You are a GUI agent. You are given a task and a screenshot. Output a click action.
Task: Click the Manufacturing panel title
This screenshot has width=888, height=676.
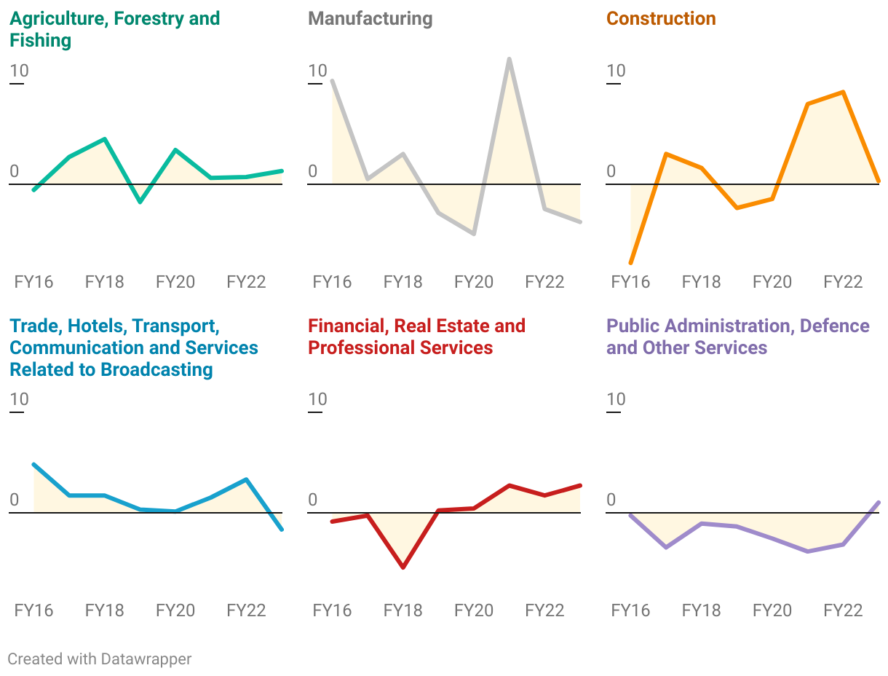[370, 19]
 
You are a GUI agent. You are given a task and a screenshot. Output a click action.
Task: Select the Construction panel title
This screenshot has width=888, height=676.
[661, 19]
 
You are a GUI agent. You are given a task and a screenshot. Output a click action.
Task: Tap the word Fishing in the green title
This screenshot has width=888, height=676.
[41, 41]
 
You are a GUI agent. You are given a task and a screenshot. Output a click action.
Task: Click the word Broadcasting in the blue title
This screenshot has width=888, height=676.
[156, 369]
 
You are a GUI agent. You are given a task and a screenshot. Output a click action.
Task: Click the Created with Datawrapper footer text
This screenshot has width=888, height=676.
[100, 659]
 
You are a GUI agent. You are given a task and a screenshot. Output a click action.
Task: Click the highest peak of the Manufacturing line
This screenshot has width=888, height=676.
[509, 59]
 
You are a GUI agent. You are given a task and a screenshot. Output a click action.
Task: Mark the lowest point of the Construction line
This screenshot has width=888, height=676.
[630, 262]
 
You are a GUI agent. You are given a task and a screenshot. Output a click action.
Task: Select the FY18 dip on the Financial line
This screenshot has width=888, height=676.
[403, 567]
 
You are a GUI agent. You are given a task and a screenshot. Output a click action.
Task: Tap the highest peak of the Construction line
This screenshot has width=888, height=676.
[843, 92]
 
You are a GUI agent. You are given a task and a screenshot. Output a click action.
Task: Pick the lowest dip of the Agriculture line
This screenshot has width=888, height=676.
[140, 201]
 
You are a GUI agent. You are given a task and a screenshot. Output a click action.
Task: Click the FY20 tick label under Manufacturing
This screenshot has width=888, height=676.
[474, 282]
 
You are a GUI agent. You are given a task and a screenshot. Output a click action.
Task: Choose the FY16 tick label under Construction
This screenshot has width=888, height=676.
[630, 282]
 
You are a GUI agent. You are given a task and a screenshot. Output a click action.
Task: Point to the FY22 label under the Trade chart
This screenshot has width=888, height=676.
[247, 610]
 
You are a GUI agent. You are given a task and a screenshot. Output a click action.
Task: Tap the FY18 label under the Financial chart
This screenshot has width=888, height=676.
[403, 610]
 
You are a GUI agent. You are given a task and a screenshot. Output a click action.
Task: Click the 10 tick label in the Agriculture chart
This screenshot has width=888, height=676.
[19, 71]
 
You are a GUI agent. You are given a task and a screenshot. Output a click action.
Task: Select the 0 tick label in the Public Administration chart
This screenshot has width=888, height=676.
[611, 500]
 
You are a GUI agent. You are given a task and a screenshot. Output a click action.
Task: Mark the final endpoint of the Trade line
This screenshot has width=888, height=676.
[282, 530]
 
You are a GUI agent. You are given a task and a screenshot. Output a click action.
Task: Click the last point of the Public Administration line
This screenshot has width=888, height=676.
[879, 503]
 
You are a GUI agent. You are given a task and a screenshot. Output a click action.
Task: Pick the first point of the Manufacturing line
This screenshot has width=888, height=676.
[332, 80]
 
